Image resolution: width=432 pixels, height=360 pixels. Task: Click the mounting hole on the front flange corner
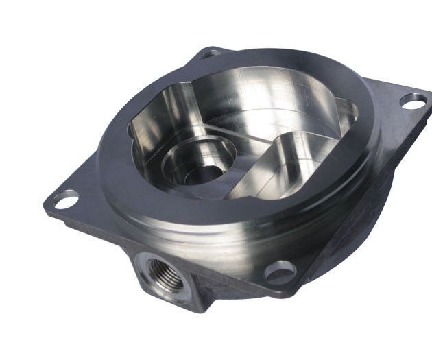(x=280, y=272)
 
